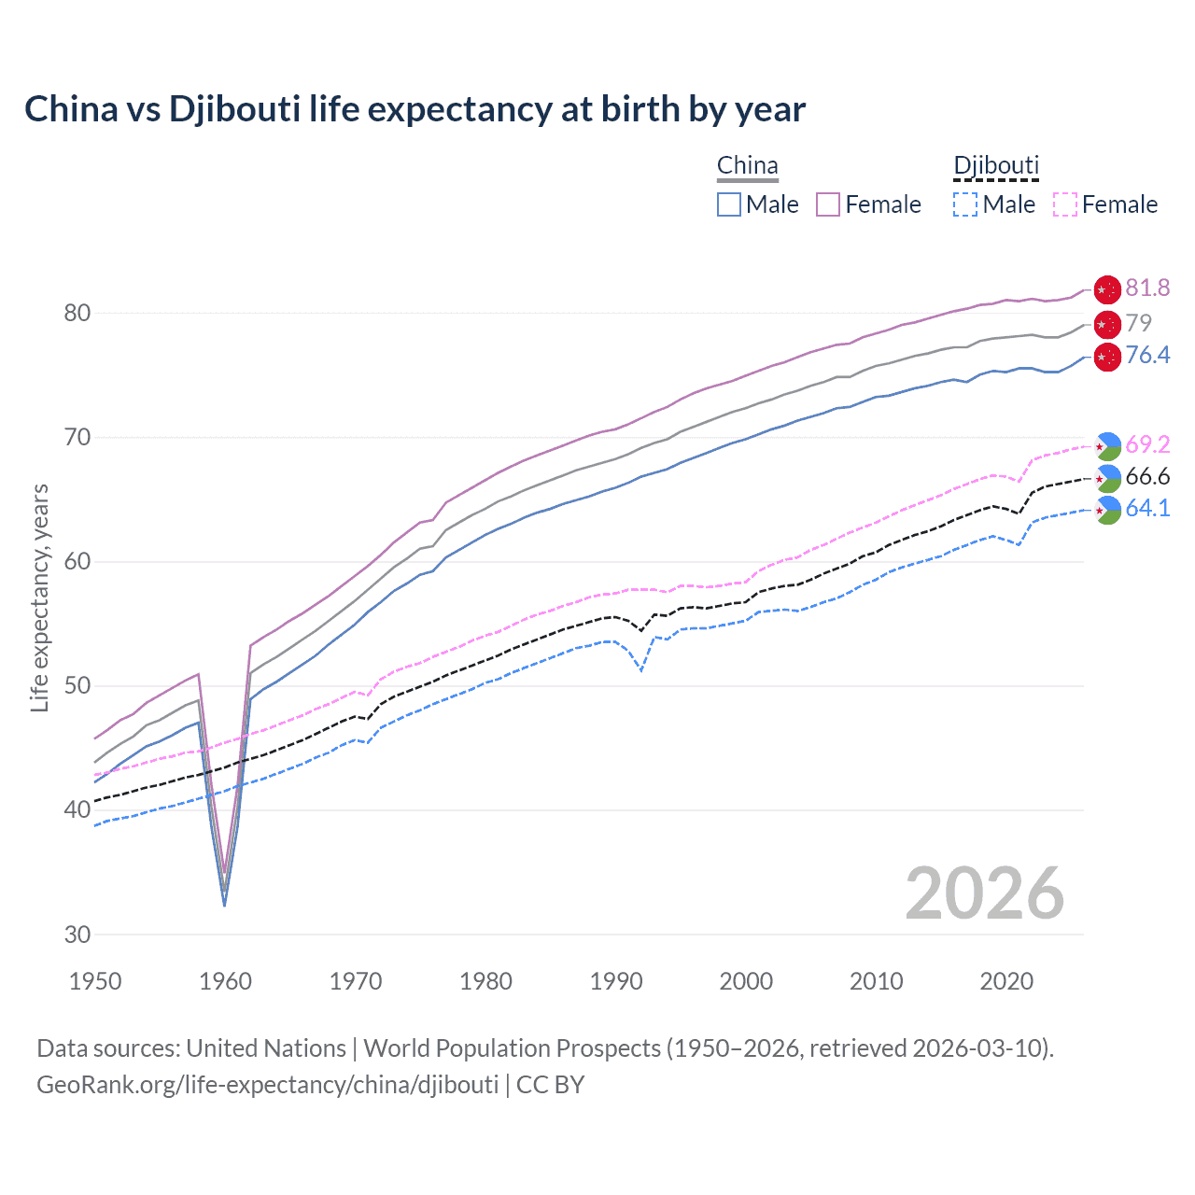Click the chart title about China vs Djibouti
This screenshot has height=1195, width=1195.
click(x=415, y=109)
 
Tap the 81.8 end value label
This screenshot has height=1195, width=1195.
click(x=1147, y=288)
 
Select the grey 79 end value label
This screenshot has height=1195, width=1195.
click(x=1138, y=323)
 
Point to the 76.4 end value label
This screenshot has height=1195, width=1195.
click(x=1147, y=355)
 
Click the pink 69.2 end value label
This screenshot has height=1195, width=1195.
click(x=1147, y=444)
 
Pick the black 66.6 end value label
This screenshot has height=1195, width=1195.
click(x=1147, y=477)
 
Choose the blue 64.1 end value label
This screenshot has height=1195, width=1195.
click(x=1147, y=508)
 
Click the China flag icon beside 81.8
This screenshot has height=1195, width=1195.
click(x=1107, y=289)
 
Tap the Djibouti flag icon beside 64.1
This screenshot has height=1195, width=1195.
click(x=1107, y=510)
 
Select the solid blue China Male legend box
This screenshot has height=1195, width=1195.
click(x=729, y=204)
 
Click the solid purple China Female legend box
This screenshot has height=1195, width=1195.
click(x=828, y=204)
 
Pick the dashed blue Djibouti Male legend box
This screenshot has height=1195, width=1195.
click(x=965, y=204)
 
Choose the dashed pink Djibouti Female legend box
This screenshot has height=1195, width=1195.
click(x=1065, y=204)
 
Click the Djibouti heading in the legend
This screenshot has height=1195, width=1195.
click(x=996, y=166)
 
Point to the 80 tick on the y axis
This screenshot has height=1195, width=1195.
click(x=77, y=313)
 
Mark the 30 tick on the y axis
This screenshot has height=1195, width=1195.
click(x=77, y=935)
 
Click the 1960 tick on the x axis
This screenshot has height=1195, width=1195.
click(x=226, y=981)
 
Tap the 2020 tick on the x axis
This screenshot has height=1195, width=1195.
click(x=1006, y=981)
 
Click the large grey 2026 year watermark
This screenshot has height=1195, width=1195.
click(x=985, y=893)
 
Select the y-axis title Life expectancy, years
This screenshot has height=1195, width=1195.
click(x=40, y=597)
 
